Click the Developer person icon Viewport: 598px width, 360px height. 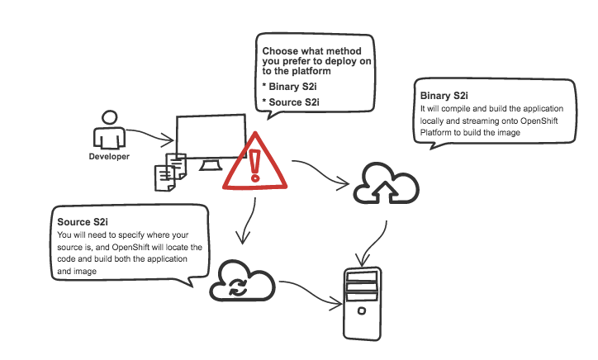point(109,131)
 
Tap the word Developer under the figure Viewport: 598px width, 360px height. point(109,156)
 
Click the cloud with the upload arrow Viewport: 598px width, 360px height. point(386,185)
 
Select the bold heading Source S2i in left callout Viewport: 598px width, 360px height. point(83,223)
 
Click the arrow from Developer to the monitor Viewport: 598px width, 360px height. point(149,134)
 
